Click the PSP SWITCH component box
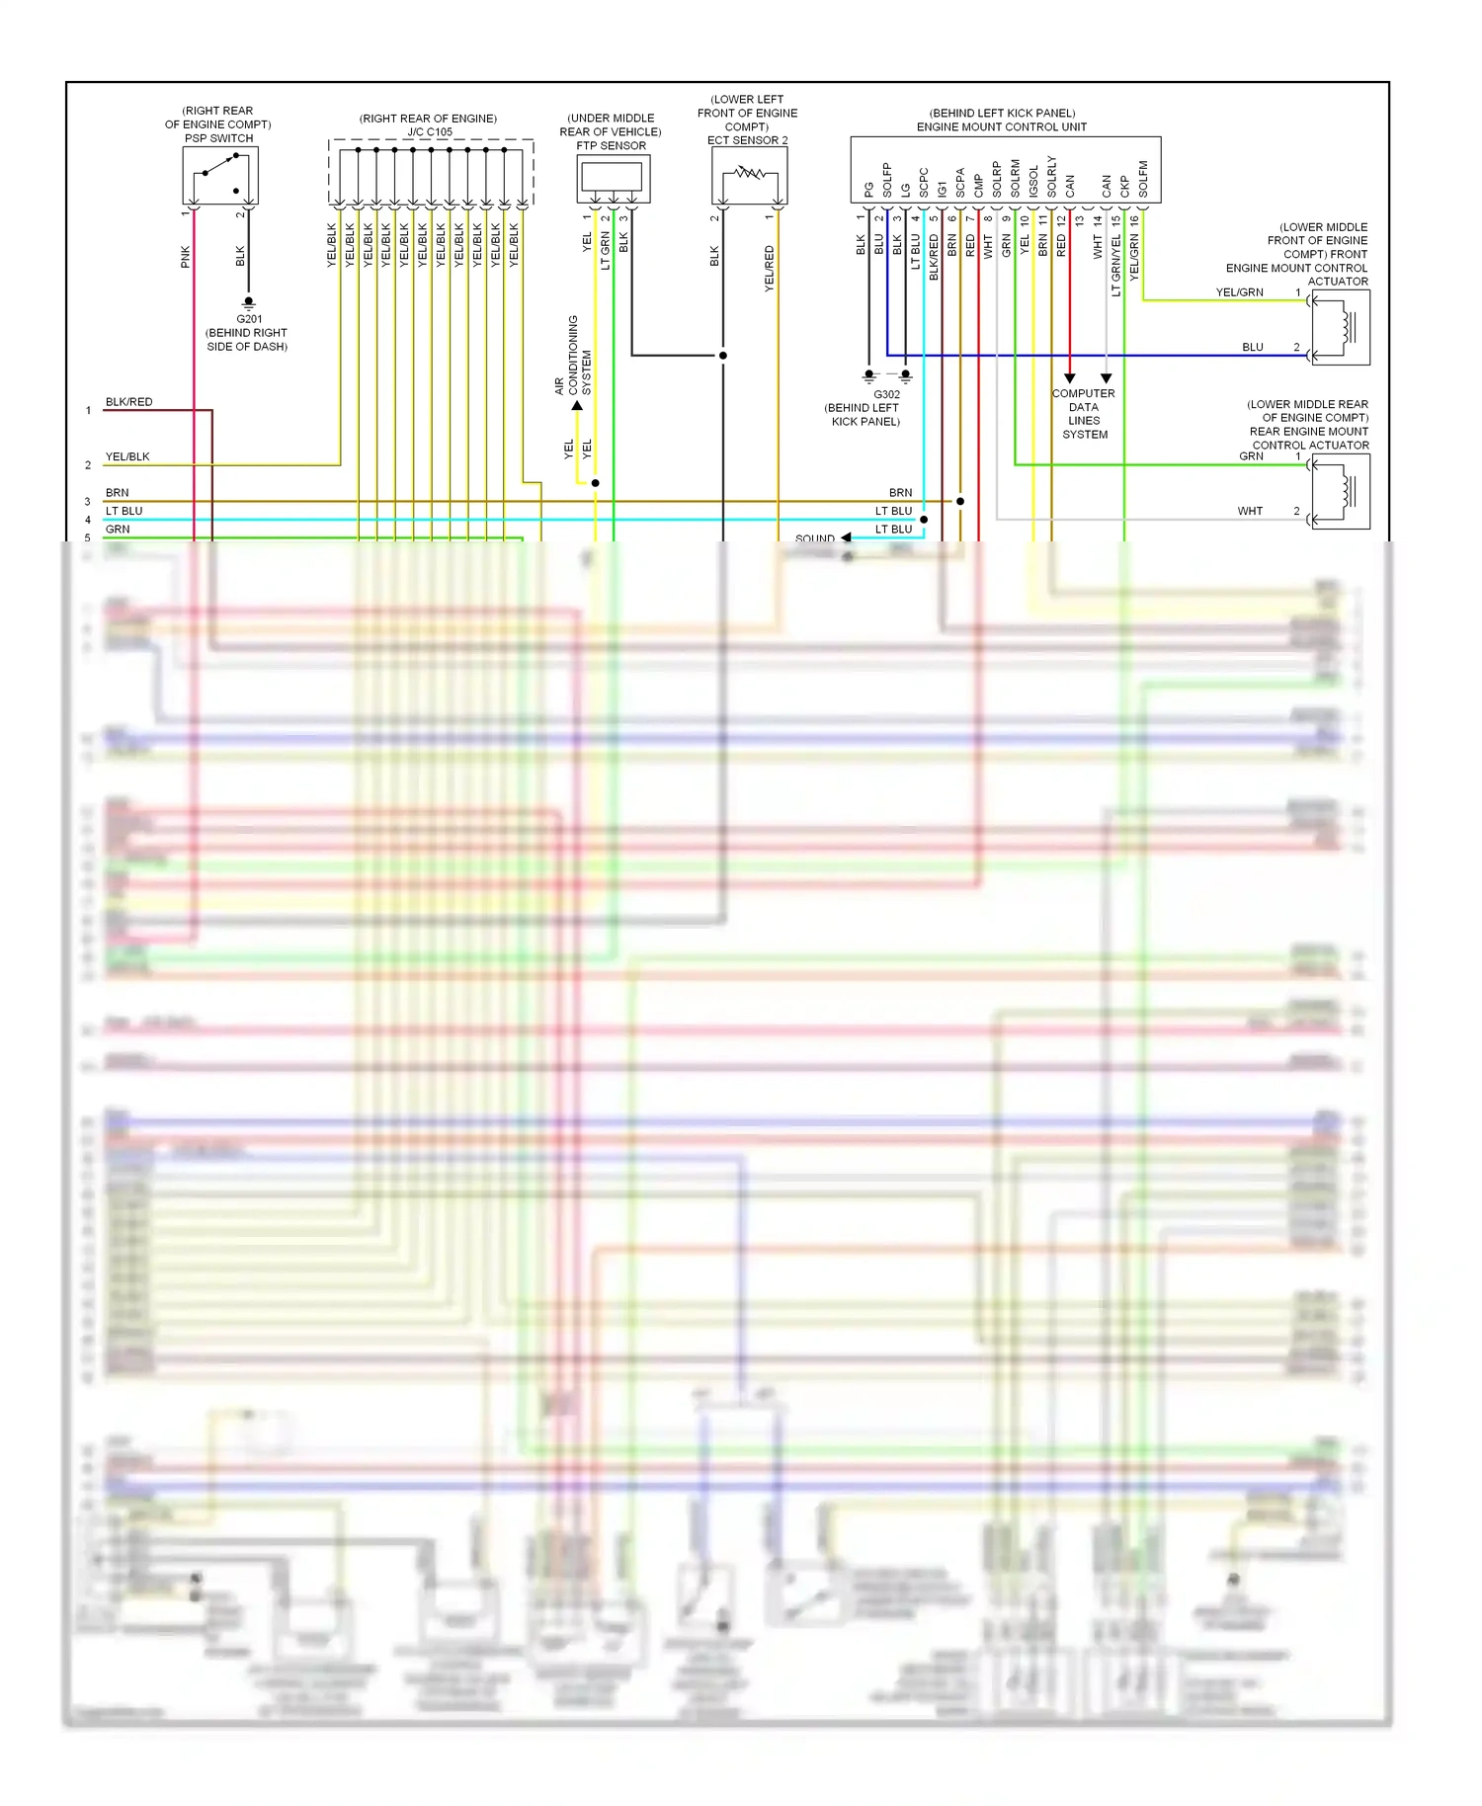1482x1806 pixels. pos(219,176)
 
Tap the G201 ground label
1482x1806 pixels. pos(249,319)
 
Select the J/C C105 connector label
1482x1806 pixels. pos(429,131)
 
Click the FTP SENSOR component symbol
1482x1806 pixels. pos(613,178)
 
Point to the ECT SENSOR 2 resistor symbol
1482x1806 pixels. pos(749,175)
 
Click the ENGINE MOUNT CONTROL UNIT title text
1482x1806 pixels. pos(1001,126)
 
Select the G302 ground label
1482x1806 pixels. pos(886,394)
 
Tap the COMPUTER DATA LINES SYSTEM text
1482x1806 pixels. pos(1084,414)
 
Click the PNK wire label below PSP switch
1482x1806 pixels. pos(186,258)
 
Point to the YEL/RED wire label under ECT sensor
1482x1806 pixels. pos(770,268)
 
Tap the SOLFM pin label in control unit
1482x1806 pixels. pos(1143,179)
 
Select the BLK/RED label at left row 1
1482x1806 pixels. pos(129,402)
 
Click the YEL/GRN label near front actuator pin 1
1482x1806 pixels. pos(1239,292)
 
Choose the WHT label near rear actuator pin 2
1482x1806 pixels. pos(1250,511)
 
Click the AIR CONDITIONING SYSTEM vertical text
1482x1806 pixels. pos(573,356)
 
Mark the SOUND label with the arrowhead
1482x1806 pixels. pos(816,538)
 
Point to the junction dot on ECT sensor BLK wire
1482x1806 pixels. pos(723,356)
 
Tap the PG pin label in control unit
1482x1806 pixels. pos(868,189)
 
